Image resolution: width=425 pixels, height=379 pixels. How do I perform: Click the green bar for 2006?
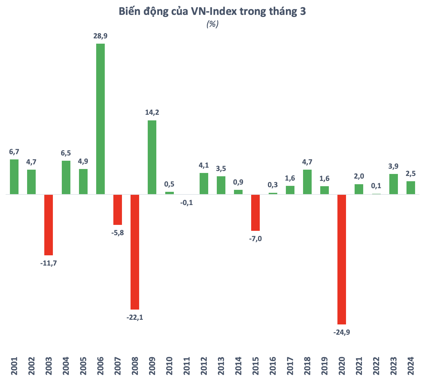100,119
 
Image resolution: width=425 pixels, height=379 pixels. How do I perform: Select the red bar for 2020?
342,259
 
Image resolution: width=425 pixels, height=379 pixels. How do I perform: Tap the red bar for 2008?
135,252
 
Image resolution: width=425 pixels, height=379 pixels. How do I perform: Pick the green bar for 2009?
152,157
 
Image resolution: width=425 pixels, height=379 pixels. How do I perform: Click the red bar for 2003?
49,225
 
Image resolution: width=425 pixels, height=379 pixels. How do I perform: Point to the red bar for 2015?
255,212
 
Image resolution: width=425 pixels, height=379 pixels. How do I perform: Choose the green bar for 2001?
14,177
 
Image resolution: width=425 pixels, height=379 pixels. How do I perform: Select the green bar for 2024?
411,188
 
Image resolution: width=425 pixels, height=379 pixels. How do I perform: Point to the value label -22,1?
135,317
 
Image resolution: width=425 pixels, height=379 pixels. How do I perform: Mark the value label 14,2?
152,112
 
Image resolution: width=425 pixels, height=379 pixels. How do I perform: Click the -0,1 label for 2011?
187,203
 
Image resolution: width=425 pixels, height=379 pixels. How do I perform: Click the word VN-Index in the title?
213,12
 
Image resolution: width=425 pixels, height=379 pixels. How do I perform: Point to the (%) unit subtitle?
212,24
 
